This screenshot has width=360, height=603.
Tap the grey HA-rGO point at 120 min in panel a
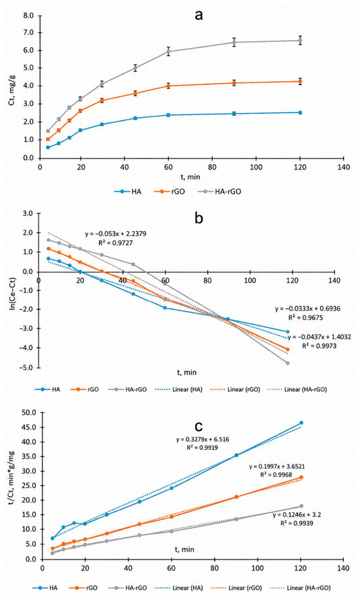coord(300,41)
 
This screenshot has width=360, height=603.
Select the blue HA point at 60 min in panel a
coord(168,115)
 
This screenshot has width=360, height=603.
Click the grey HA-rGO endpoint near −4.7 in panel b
coord(287,363)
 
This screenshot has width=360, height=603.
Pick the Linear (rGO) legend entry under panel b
coord(235,389)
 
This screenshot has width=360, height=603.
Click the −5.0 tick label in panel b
coord(27,368)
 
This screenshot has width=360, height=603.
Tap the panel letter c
coord(198,426)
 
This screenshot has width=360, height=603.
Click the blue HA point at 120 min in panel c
coord(302,422)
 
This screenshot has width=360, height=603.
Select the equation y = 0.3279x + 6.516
coord(202,439)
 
